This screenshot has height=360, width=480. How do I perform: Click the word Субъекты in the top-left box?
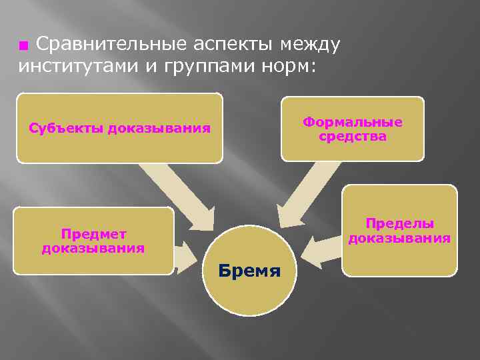coord(63,128)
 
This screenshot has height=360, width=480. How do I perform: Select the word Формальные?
coord(352,123)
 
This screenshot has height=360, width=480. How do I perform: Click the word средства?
coord(353,137)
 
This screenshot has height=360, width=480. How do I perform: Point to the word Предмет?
coord(93,234)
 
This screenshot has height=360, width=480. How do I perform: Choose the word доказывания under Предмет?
coord(93,249)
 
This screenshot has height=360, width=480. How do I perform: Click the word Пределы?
coord(399,223)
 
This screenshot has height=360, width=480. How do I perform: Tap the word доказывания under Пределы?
coord(399,238)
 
